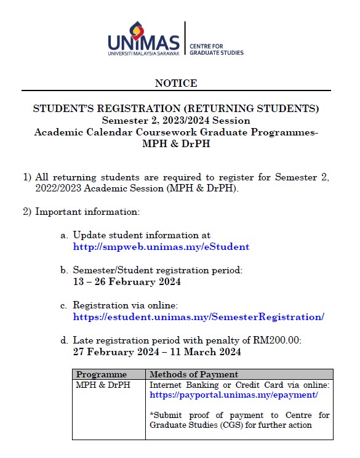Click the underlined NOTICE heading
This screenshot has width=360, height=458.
[x=176, y=83]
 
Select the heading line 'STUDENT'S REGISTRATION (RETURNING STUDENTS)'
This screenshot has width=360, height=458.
[x=176, y=109]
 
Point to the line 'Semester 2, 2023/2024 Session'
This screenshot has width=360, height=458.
[x=176, y=120]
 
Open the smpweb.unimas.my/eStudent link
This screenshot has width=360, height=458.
[x=161, y=247]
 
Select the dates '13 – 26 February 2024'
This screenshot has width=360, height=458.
[x=127, y=282]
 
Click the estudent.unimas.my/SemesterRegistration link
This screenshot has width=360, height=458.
[x=198, y=317]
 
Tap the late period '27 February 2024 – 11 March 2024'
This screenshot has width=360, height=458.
[x=157, y=352]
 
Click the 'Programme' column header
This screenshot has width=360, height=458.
[x=102, y=374]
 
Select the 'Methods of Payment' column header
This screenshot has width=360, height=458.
[x=194, y=374]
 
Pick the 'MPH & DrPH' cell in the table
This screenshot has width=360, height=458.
[x=103, y=385]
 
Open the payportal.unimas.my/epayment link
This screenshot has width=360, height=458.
[x=234, y=395]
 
